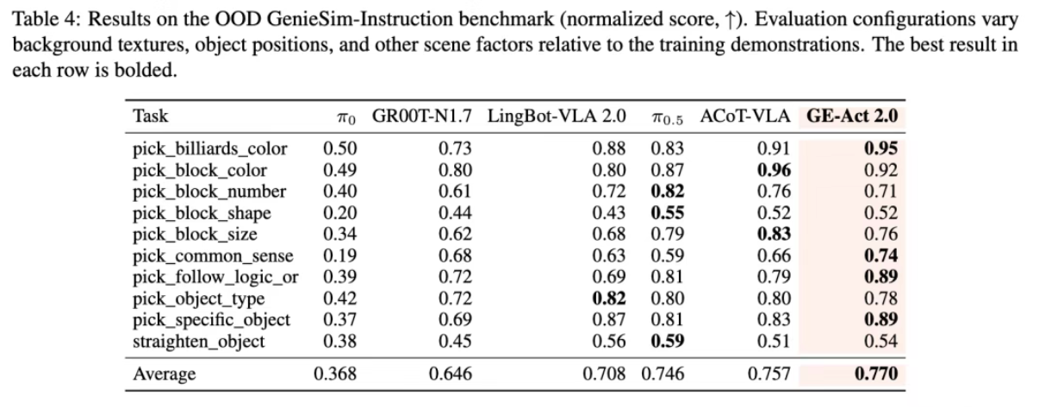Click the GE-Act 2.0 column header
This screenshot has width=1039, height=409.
(852, 116)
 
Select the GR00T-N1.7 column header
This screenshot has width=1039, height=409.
(421, 116)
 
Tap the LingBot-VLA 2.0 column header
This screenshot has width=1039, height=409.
(557, 116)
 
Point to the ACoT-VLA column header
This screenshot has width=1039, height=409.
(745, 116)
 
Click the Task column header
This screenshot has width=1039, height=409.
(151, 116)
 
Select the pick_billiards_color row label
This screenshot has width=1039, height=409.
(209, 148)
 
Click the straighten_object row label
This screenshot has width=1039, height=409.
(198, 342)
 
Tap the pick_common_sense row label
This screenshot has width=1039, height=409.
(213, 256)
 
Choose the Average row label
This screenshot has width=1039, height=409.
(165, 374)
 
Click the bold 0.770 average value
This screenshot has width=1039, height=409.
(876, 374)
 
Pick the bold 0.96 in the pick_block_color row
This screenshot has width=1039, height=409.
(774, 170)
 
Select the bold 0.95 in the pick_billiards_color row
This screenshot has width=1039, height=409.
(880, 148)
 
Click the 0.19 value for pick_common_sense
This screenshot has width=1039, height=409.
(340, 256)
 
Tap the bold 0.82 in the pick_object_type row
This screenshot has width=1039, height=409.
(609, 299)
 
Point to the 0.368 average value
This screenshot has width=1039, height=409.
(335, 374)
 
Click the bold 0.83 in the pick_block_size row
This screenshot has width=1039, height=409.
(774, 234)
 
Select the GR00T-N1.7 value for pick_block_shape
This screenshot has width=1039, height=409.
(455, 213)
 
